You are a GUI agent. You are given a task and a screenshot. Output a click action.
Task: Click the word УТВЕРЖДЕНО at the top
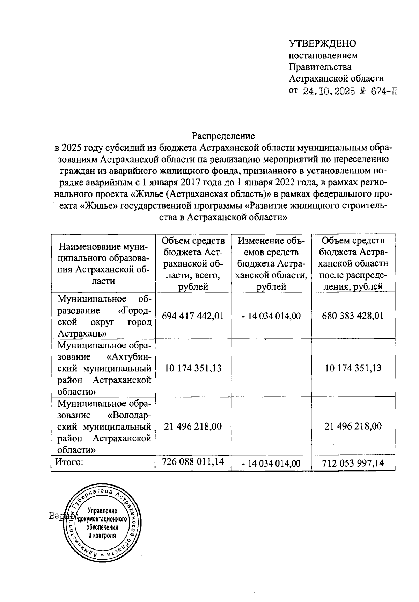[322, 44]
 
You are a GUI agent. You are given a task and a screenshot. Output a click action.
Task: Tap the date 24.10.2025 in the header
[329, 92]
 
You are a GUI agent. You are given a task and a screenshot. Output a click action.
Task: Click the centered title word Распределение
[223, 136]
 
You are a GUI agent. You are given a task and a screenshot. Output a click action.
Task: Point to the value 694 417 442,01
[193, 316]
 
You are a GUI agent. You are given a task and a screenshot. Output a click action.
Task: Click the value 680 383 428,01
[353, 316]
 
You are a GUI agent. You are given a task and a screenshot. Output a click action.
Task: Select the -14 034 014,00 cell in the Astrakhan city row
[271, 316]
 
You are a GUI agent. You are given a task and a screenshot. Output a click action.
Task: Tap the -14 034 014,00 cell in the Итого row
[271, 463]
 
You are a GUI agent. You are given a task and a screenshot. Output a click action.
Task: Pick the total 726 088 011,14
[193, 461]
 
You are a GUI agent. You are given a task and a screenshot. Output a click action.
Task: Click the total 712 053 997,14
[353, 463]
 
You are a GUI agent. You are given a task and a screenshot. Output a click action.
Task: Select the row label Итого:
[69, 462]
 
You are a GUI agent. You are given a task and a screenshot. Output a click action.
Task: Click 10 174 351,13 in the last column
[353, 368]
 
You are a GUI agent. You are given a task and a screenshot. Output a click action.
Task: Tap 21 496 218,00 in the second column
[193, 426]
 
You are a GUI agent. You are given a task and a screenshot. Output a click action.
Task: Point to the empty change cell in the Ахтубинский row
[271, 368]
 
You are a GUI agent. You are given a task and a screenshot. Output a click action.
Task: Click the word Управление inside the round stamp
[102, 511]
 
